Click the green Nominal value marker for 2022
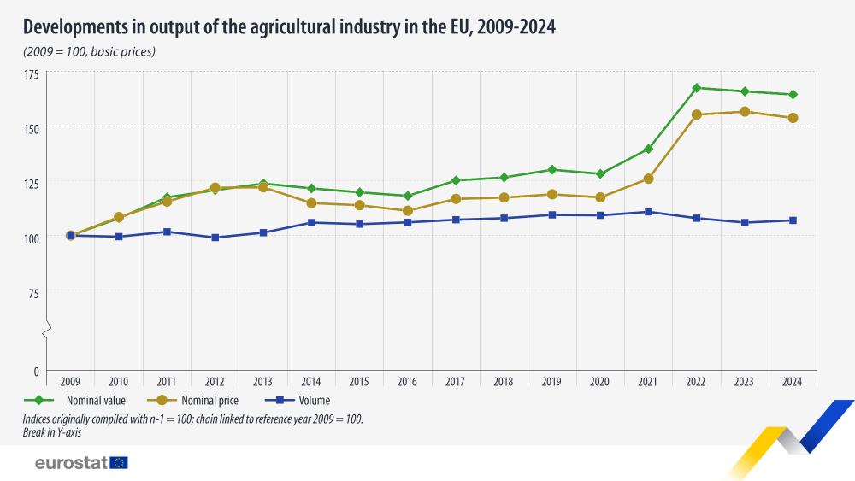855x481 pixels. click(x=697, y=88)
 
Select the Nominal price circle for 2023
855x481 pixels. click(x=745, y=112)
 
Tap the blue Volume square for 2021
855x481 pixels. click(x=649, y=212)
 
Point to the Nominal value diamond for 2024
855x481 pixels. click(x=793, y=95)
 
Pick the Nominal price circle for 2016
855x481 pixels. click(x=408, y=211)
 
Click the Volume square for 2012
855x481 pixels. click(x=215, y=238)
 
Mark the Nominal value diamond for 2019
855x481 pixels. click(x=552, y=170)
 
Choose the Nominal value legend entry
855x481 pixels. click(x=90, y=400)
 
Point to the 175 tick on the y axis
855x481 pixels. click(x=32, y=75)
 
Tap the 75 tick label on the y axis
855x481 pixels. click(x=34, y=294)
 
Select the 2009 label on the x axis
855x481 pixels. click(x=70, y=383)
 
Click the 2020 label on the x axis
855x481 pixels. click(x=601, y=383)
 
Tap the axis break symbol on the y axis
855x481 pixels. click(x=47, y=329)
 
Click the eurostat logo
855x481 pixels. click(x=81, y=463)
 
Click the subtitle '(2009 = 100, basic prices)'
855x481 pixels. click(x=89, y=52)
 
